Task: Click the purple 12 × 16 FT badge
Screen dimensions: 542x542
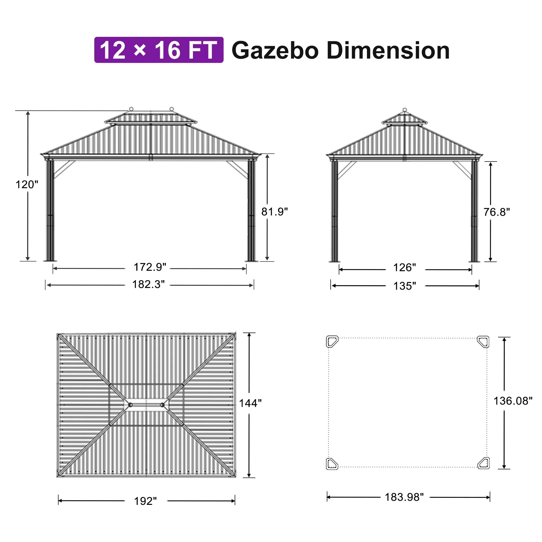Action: pyautogui.click(x=159, y=50)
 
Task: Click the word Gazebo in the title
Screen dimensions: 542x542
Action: pyautogui.click(x=275, y=50)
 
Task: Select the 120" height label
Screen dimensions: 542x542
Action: pyautogui.click(x=27, y=185)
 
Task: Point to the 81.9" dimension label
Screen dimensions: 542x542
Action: pyautogui.click(x=275, y=212)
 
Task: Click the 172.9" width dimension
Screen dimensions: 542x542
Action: pyautogui.click(x=150, y=267)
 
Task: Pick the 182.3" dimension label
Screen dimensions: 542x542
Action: pyautogui.click(x=149, y=284)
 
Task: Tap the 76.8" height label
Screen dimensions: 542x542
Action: pyautogui.click(x=496, y=212)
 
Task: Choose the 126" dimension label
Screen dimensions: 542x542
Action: pyautogui.click(x=405, y=268)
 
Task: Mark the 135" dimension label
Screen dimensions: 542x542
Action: pyautogui.click(x=405, y=286)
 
